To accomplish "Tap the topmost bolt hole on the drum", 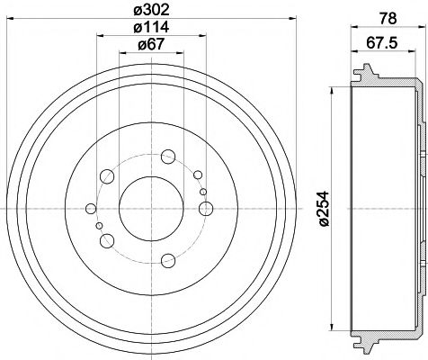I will [168, 157].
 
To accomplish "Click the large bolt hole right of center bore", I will [206, 209].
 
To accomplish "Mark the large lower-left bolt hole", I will [108, 239].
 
